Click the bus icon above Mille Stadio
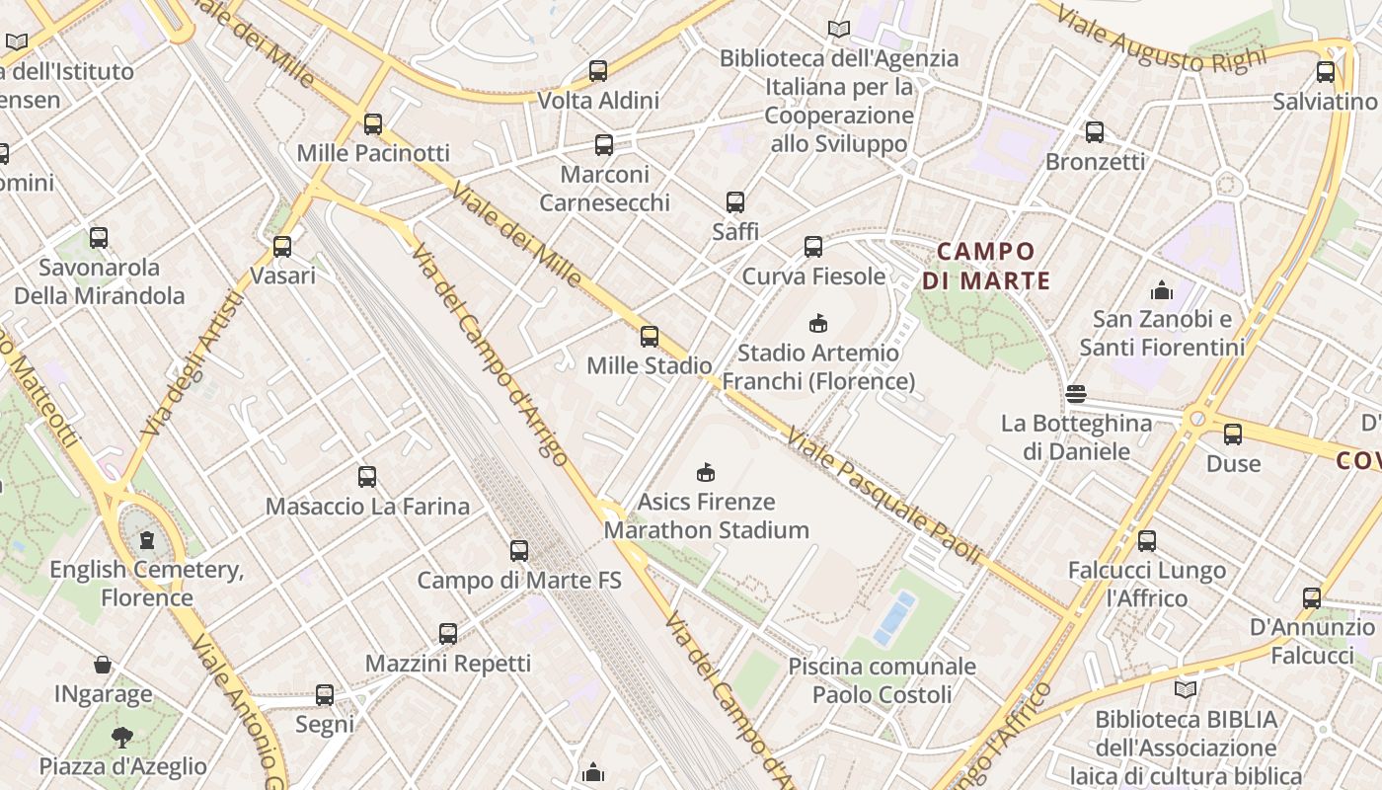650,337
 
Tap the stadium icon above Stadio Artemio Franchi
817,323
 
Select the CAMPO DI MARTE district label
986,266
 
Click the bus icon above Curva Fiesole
813,247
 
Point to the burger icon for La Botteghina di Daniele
1076,394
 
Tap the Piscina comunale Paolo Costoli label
882,680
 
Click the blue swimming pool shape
894,617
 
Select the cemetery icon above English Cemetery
147,539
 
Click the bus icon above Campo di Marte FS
519,551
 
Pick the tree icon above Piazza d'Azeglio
122,737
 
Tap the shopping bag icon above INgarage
103,665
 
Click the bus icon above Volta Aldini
598,71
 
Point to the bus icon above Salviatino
1325,72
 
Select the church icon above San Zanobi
1161,290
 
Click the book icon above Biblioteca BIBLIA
1185,689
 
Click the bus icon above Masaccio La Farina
367,477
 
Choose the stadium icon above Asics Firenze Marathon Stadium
706,472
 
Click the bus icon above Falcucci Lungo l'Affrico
1147,541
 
